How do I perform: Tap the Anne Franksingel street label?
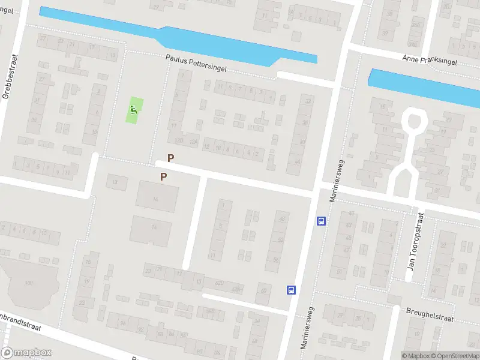[430, 61]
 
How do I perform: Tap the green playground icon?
[134, 110]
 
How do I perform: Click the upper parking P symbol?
[170, 158]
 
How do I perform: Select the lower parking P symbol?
[163, 176]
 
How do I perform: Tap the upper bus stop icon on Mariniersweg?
[322, 221]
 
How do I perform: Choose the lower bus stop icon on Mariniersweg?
[292, 290]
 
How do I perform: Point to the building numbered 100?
[28, 283]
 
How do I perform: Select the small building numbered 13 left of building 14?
[116, 181]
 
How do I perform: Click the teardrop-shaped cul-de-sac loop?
[414, 121]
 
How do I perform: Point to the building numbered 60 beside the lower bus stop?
[263, 293]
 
